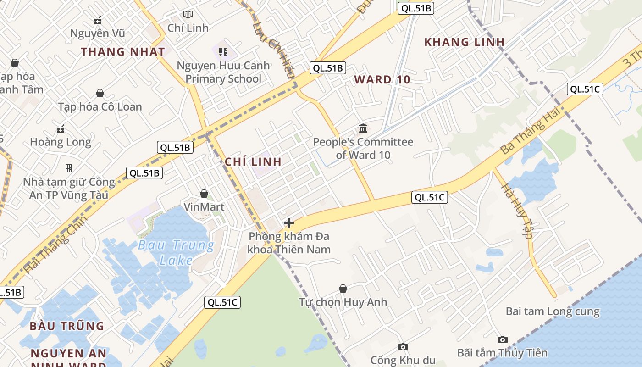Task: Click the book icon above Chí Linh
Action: point(188,14)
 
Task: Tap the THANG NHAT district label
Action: point(123,51)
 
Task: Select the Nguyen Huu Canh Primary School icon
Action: point(223,51)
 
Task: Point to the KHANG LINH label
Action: point(465,42)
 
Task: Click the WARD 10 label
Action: point(382,79)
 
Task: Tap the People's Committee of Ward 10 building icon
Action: point(363,128)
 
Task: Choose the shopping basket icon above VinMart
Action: point(204,194)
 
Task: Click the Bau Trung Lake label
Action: point(176,252)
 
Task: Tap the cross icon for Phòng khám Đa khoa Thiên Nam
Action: point(289,223)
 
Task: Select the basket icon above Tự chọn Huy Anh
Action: point(343,289)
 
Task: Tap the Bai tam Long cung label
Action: point(553,311)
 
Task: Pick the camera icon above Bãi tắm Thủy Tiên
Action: point(503,340)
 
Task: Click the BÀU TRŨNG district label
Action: point(67,326)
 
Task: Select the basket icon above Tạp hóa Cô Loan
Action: point(100,94)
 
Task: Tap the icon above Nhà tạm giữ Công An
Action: point(69,168)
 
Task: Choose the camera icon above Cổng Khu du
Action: point(403,347)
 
